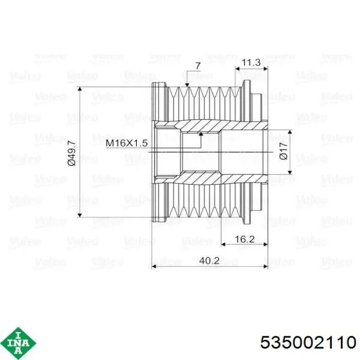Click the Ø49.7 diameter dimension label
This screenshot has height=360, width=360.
[x=71, y=153]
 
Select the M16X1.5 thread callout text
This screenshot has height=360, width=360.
[x=127, y=143]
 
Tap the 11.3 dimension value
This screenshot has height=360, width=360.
[x=251, y=62]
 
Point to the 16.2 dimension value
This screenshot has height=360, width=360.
[x=245, y=239]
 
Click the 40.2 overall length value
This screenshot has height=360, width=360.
[x=209, y=261]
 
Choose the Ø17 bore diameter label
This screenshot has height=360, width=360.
[x=284, y=151]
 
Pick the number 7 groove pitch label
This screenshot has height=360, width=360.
[x=197, y=66]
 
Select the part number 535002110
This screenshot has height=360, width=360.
[x=308, y=343]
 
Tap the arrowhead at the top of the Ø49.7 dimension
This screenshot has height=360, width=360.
[x=80, y=89]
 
